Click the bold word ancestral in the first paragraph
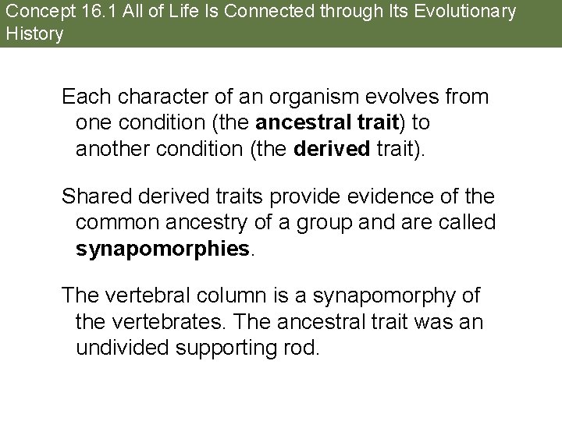[295, 123]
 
